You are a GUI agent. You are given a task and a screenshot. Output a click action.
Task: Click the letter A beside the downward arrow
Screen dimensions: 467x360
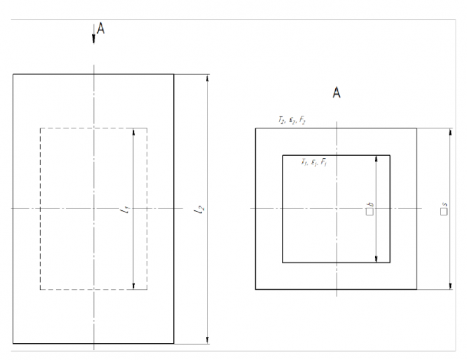tap(102, 28)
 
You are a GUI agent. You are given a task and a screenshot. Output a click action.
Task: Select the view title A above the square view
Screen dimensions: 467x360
tap(336, 93)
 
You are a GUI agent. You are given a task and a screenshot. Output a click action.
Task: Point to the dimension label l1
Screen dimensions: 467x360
tap(126, 208)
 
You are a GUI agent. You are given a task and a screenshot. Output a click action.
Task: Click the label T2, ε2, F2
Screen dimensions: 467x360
tap(291, 121)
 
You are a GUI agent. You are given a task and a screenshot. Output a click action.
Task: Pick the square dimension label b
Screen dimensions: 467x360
tap(370, 208)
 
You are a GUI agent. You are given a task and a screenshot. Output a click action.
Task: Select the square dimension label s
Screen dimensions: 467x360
tap(443, 208)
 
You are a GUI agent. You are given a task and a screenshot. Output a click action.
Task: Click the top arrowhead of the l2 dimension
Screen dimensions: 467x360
tap(206, 78)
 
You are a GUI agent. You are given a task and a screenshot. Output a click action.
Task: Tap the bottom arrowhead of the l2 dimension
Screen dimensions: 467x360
tap(206, 340)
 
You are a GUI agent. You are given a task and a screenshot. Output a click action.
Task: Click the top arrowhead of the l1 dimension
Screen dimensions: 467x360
tap(133, 133)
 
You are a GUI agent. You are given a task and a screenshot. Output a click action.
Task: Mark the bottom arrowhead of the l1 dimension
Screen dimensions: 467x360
tap(133, 285)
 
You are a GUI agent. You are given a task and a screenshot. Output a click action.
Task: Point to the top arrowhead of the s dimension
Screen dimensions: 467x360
tap(449, 133)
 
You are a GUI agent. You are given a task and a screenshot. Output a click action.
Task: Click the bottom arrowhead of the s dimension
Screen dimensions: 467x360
tap(449, 285)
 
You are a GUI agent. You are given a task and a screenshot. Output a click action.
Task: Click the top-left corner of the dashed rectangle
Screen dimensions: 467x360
tap(40, 128)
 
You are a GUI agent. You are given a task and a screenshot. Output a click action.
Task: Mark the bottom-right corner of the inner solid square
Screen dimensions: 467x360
tap(390, 262)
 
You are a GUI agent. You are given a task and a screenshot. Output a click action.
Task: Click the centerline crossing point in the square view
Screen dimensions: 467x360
tap(337, 208)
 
